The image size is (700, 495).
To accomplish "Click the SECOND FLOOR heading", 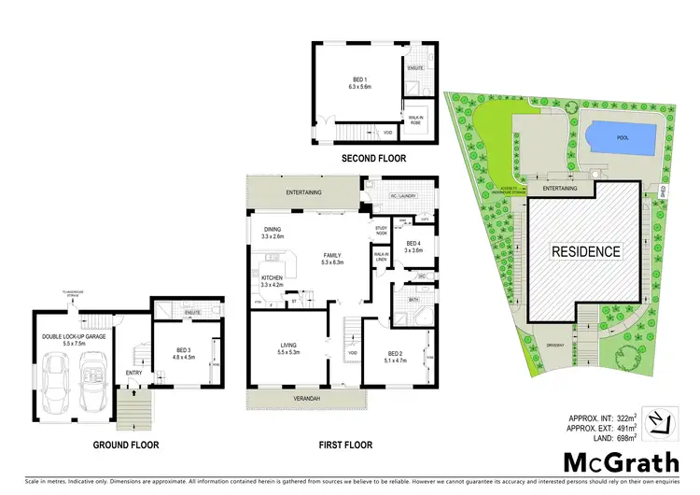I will coord(373,159).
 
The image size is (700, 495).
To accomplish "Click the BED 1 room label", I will coord(359,82).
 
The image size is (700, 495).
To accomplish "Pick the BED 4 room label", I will coord(413,247).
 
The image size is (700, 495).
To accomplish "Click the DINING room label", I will coord(273,233).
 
